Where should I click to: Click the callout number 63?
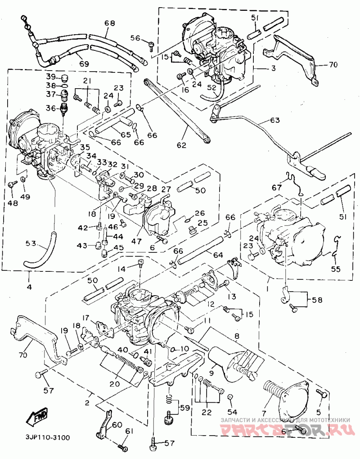[x=275, y=120]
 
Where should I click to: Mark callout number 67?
[x=276, y=187]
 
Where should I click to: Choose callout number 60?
[x=117, y=424]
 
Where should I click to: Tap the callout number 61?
[x=130, y=432]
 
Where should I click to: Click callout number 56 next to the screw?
[x=135, y=38]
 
